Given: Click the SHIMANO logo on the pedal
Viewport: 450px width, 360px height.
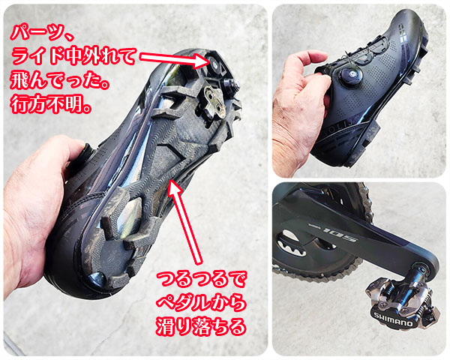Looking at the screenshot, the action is pyautogui.click(x=394, y=319).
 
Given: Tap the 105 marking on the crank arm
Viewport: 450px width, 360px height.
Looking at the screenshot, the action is pyautogui.click(x=340, y=234).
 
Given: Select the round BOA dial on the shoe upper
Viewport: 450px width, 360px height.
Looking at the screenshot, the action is pyautogui.click(x=349, y=75).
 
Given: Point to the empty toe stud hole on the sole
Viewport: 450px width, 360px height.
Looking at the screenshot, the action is pyautogui.click(x=214, y=61).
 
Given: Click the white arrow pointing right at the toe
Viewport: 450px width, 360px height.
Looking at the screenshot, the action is pyautogui.click(x=175, y=59).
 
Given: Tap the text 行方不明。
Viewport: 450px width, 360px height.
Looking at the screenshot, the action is pyautogui.click(x=50, y=105).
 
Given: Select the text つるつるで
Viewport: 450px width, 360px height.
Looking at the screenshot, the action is pyautogui.click(x=201, y=279).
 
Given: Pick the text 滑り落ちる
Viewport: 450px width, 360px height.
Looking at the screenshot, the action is pyautogui.click(x=201, y=326).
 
